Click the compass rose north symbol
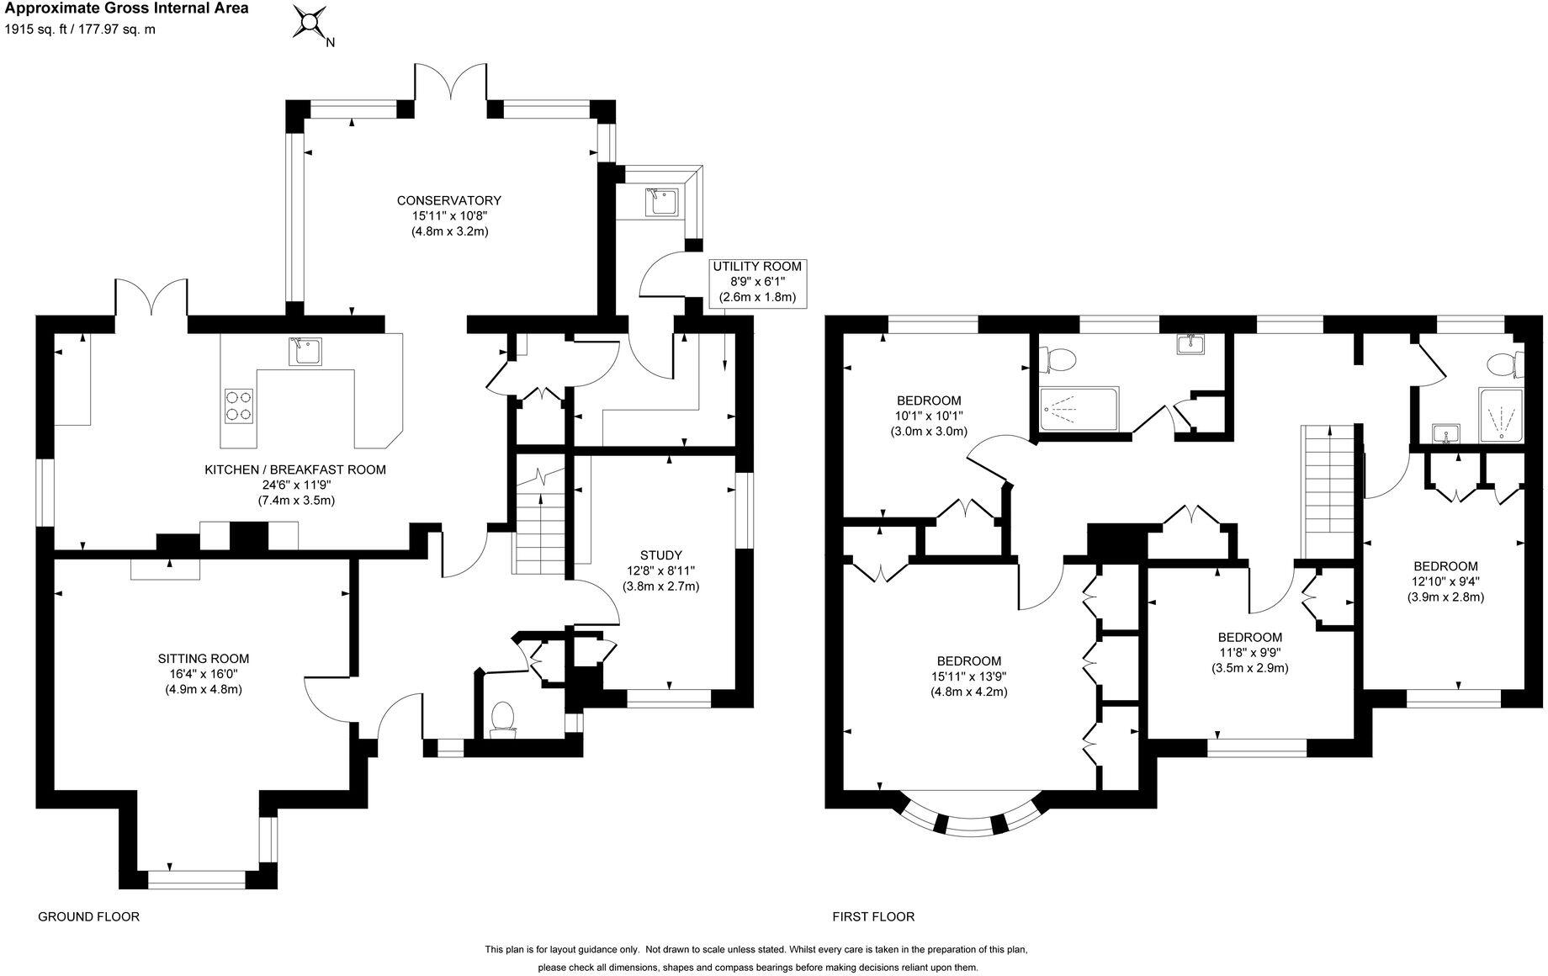click(x=310, y=23)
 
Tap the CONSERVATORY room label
click(x=448, y=200)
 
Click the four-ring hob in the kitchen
click(x=239, y=405)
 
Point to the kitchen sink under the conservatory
click(x=304, y=351)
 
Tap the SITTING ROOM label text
click(x=204, y=659)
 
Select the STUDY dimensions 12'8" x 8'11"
click(x=660, y=570)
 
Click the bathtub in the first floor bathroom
click(x=1079, y=409)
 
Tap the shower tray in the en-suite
click(x=1500, y=416)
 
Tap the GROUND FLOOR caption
click(x=88, y=916)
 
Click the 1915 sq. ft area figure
click(x=38, y=29)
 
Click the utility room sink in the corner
click(x=658, y=202)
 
